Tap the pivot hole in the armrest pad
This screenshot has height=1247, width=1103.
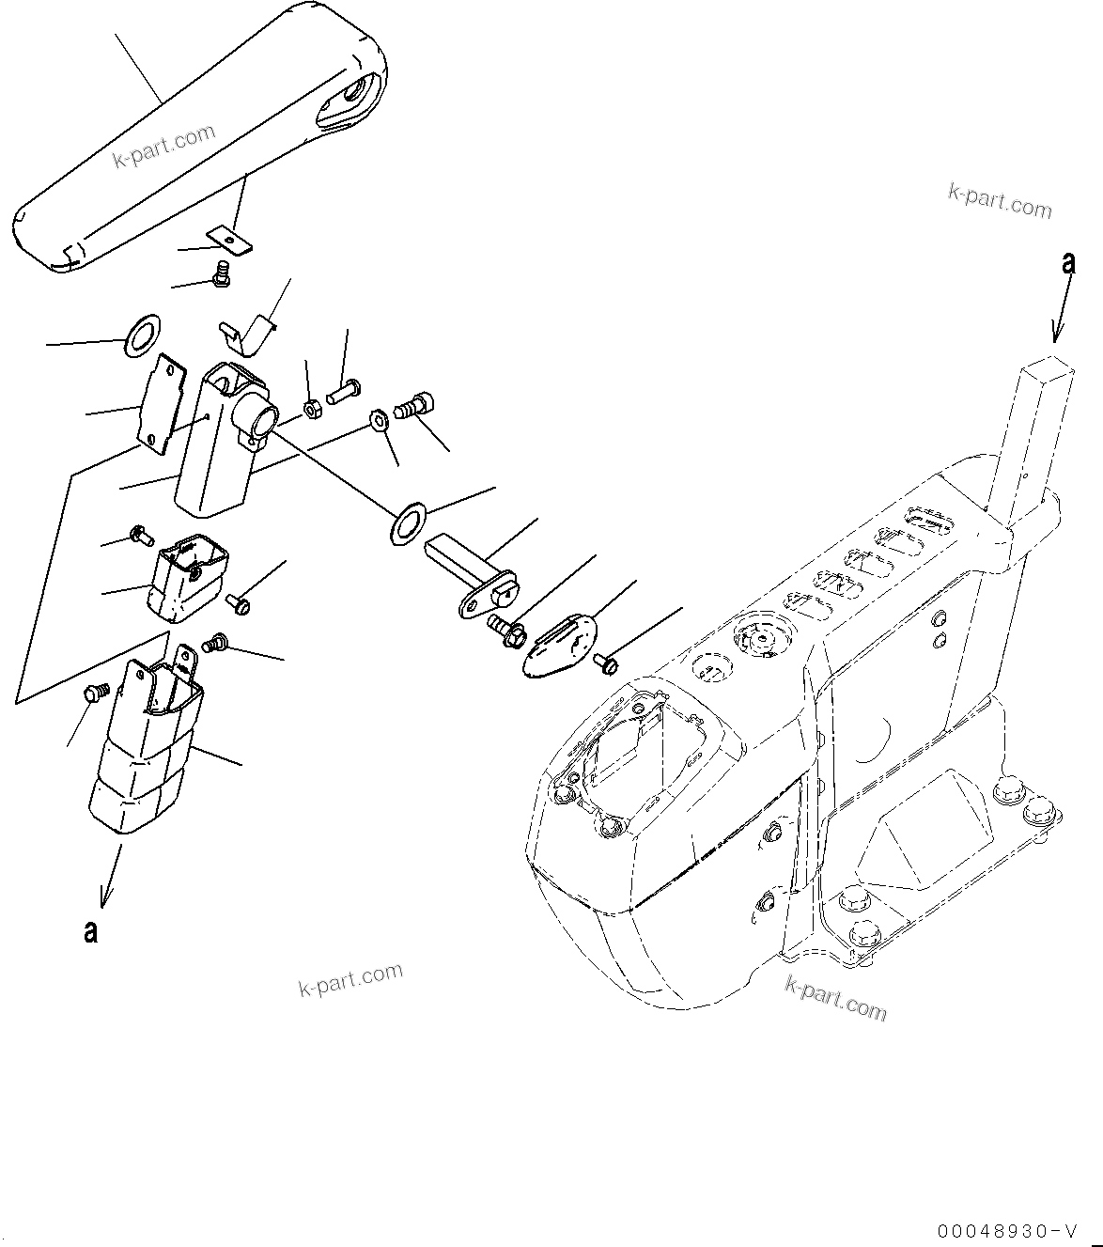click(x=355, y=94)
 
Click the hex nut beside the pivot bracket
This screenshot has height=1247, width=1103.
click(x=314, y=408)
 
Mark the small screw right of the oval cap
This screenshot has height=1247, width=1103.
click(x=606, y=664)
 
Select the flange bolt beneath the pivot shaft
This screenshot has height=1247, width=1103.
click(x=507, y=628)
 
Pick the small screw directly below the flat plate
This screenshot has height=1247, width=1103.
click(x=222, y=274)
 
